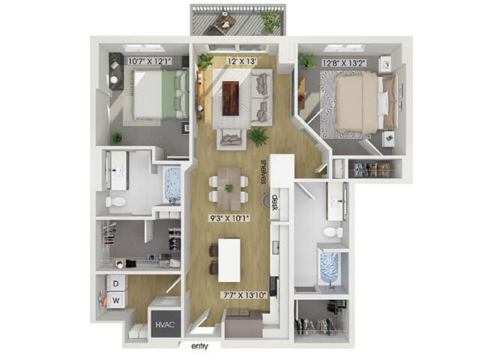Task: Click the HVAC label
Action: [x=165, y=325]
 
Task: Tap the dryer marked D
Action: [x=116, y=283]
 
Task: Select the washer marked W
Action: [x=116, y=300]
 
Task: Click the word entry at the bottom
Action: [x=199, y=346]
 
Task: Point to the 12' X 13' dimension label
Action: [x=242, y=61]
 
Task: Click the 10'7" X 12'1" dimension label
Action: [x=150, y=61]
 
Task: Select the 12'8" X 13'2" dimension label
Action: [x=344, y=63]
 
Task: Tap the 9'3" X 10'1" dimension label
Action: [x=229, y=219]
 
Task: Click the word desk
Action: [x=274, y=202]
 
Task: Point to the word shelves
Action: [x=264, y=172]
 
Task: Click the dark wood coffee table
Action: [x=231, y=98]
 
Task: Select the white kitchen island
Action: [x=229, y=260]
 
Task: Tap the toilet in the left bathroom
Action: [x=116, y=202]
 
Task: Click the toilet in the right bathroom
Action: [x=333, y=232]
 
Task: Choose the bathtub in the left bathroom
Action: [x=172, y=185]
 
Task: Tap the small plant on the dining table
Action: [x=229, y=187]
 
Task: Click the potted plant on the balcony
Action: [x=270, y=22]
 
